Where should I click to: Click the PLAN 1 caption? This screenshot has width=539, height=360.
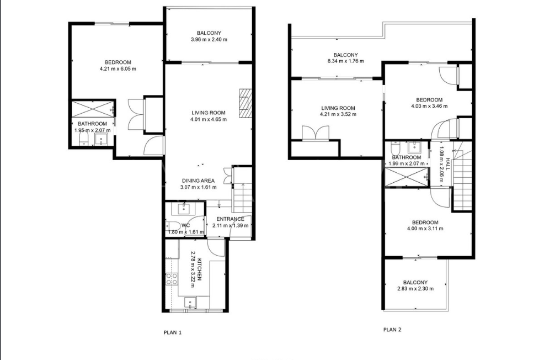[173, 332]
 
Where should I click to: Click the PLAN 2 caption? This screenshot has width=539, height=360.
[392, 330]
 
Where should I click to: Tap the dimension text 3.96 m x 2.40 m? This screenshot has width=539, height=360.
[209, 40]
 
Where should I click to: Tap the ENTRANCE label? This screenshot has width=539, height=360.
[230, 219]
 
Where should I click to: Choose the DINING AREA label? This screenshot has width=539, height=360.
[198, 181]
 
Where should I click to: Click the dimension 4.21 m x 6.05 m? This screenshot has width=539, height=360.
[118, 69]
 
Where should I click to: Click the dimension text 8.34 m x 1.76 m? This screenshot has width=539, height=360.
[345, 61]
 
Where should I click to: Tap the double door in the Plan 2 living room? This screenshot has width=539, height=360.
[316, 134]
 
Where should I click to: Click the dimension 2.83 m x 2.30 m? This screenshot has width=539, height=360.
[415, 288]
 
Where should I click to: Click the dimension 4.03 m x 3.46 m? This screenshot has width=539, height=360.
[429, 106]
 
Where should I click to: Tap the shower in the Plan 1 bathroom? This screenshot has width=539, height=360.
[93, 108]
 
